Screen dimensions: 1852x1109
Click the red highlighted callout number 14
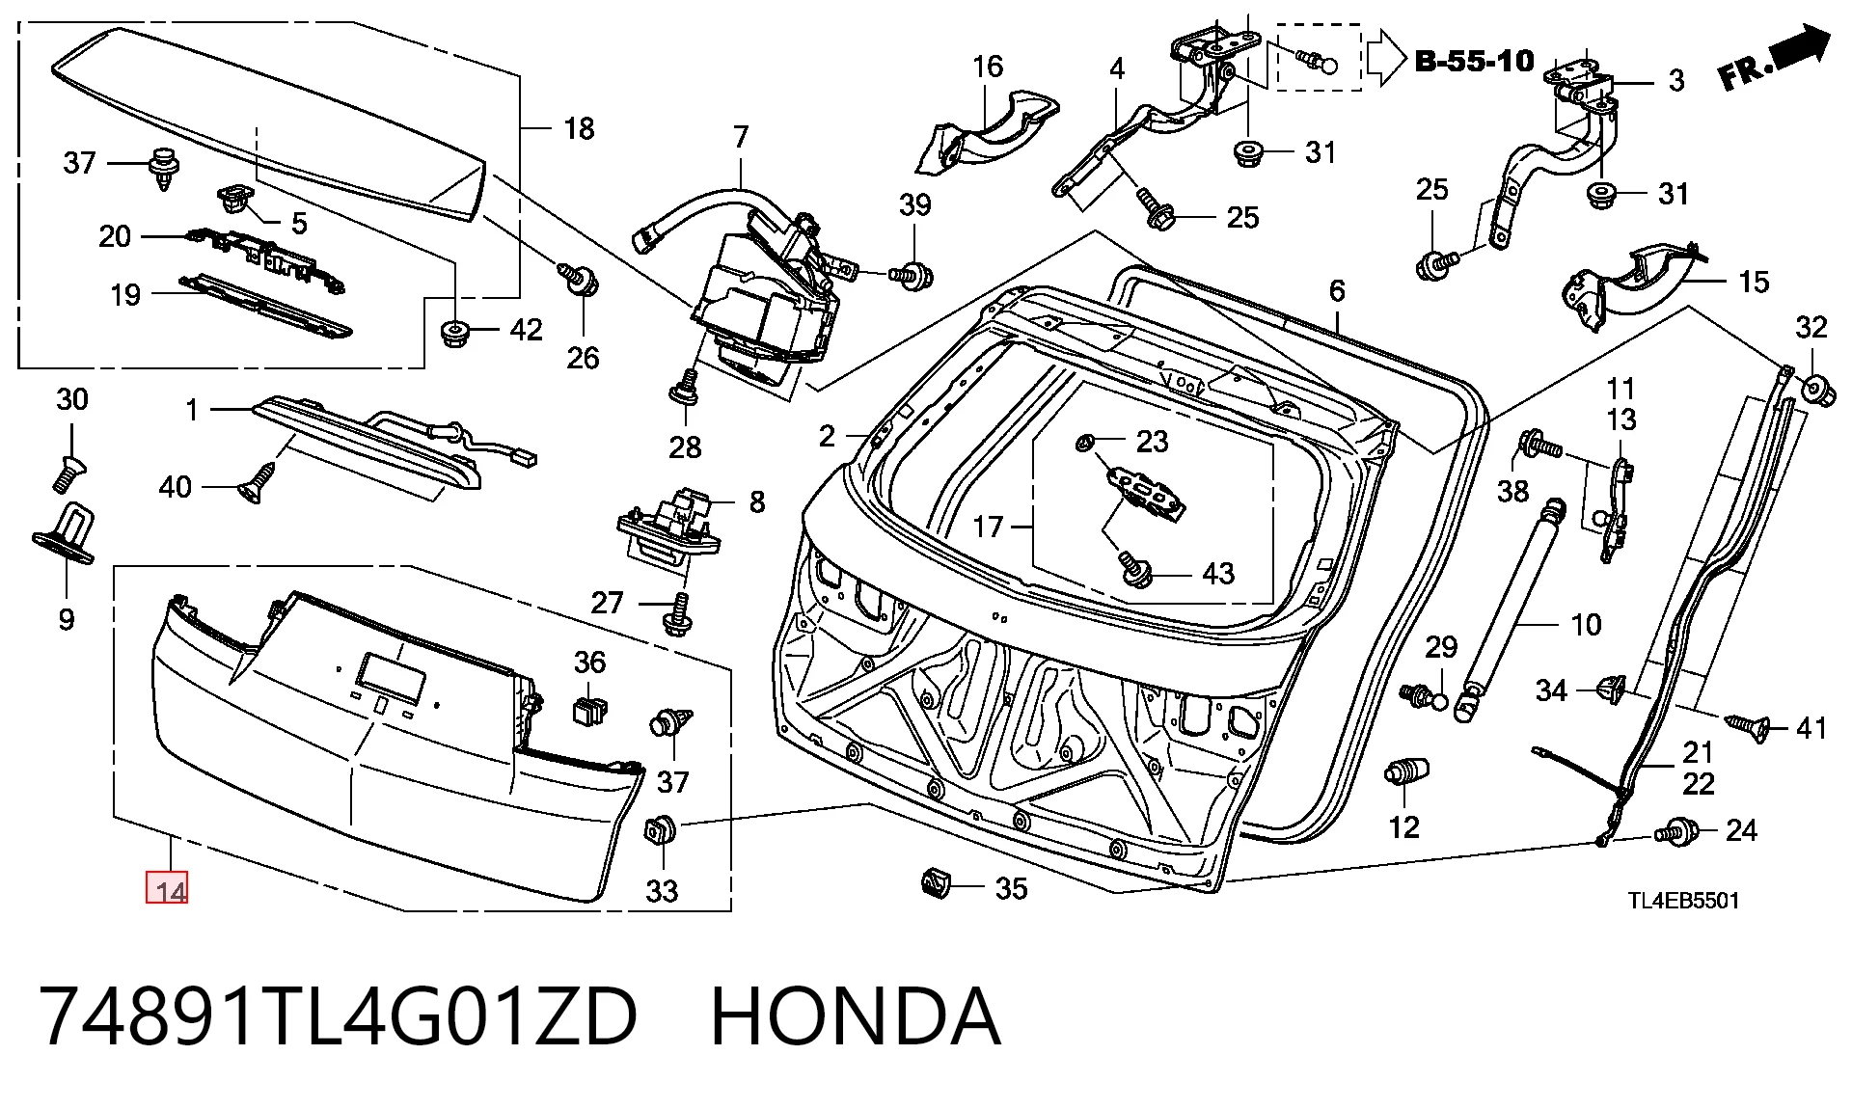(x=167, y=888)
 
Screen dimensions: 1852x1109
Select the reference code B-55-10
(x=1474, y=62)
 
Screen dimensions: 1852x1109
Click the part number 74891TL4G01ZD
(x=338, y=1016)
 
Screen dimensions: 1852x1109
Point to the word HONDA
(x=856, y=1016)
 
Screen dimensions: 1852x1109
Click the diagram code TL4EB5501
(x=1683, y=901)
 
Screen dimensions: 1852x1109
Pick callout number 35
(x=1011, y=888)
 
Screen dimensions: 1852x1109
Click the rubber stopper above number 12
(x=1406, y=771)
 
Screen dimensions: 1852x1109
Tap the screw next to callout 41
(x=1747, y=726)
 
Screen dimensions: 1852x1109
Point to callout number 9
(x=67, y=618)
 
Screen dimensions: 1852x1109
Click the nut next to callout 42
(x=454, y=333)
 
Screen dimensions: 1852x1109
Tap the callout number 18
(x=579, y=128)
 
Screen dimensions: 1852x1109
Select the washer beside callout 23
(x=1083, y=443)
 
